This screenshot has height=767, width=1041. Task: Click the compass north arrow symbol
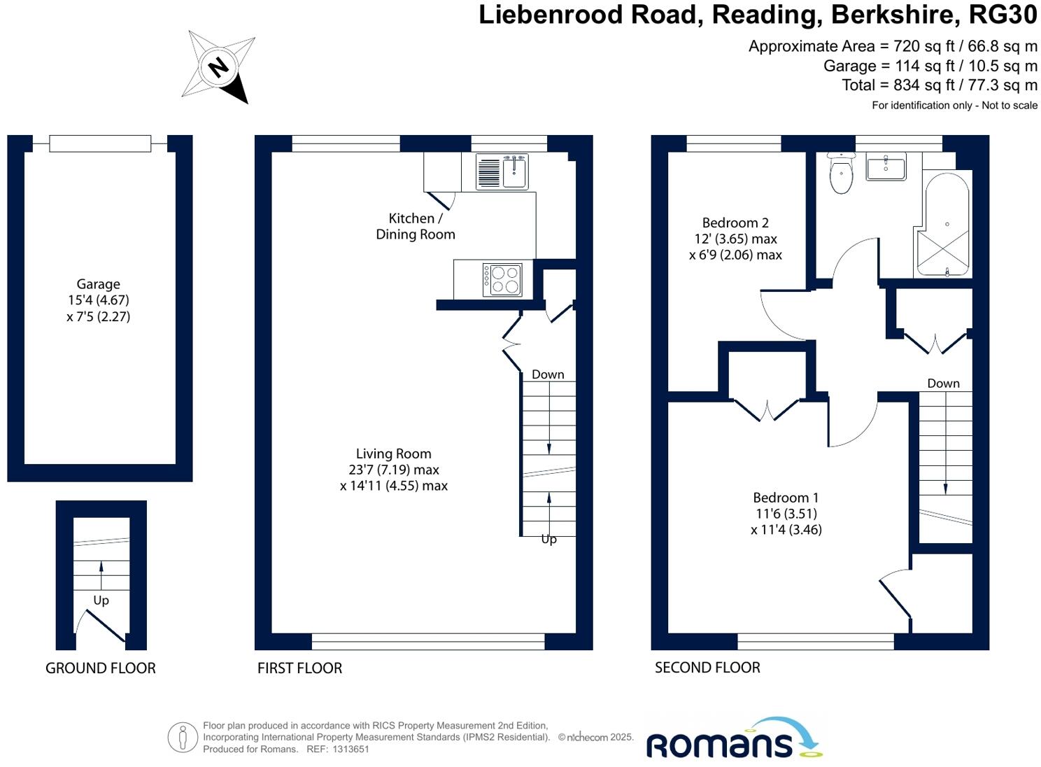(x=218, y=67)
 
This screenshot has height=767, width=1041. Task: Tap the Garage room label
(x=98, y=284)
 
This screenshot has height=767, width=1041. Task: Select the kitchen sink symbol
(x=502, y=171)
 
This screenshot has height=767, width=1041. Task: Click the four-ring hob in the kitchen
(x=502, y=279)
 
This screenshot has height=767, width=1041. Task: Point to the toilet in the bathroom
(x=841, y=173)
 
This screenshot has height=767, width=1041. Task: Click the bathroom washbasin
(x=886, y=167)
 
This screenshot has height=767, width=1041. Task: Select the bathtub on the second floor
(x=943, y=224)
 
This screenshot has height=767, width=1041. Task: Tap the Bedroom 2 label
(x=735, y=223)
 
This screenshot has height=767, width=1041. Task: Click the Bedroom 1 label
(x=786, y=498)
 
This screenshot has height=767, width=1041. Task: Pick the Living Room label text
(x=393, y=453)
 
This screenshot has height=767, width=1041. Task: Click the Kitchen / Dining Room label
(x=416, y=226)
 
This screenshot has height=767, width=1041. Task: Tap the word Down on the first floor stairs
(x=548, y=374)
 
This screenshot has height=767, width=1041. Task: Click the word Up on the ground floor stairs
(x=101, y=600)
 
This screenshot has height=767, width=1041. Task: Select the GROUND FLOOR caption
(x=101, y=668)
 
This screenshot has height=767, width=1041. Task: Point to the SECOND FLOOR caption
(x=707, y=668)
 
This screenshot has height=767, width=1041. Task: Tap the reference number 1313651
(x=351, y=749)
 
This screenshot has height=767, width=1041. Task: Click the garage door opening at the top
(x=100, y=143)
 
